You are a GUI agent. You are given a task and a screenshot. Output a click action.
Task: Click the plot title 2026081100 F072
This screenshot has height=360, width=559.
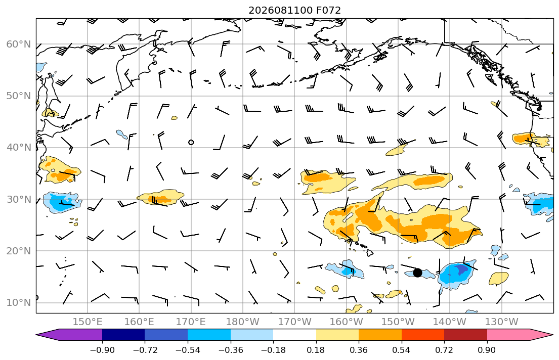point(294,10)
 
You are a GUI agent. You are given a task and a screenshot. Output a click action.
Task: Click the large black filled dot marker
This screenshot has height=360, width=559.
point(417,273)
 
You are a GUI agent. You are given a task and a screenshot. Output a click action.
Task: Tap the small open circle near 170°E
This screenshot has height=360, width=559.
point(191,142)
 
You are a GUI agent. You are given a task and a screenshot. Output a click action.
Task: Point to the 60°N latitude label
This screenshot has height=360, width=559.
point(19,44)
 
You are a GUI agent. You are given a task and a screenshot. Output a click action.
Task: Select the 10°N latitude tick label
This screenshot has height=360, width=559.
point(19,303)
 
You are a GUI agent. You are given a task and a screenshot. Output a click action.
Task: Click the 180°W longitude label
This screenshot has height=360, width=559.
point(243,322)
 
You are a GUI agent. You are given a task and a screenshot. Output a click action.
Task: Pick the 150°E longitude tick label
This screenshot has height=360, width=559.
point(88,322)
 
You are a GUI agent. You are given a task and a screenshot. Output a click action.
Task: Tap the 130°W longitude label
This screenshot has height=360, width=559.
point(502,322)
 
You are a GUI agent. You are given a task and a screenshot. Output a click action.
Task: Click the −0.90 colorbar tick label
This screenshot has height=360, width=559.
point(102,350)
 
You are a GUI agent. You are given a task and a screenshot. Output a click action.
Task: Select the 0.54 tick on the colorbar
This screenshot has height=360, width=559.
point(402,350)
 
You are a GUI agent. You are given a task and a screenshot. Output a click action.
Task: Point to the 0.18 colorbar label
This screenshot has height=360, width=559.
point(316,350)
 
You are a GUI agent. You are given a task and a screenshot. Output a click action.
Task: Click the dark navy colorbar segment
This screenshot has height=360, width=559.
point(123,335)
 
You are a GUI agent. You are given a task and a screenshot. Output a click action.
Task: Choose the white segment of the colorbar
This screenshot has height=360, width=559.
point(294,335)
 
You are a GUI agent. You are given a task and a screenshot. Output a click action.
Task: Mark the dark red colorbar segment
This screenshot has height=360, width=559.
point(465,335)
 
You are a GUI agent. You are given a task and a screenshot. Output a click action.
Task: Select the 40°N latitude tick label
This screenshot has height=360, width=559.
point(19,148)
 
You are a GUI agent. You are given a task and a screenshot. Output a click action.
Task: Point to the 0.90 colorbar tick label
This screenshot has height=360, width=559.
point(487,350)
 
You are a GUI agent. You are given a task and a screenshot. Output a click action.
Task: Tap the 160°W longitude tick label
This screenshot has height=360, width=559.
point(346,322)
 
